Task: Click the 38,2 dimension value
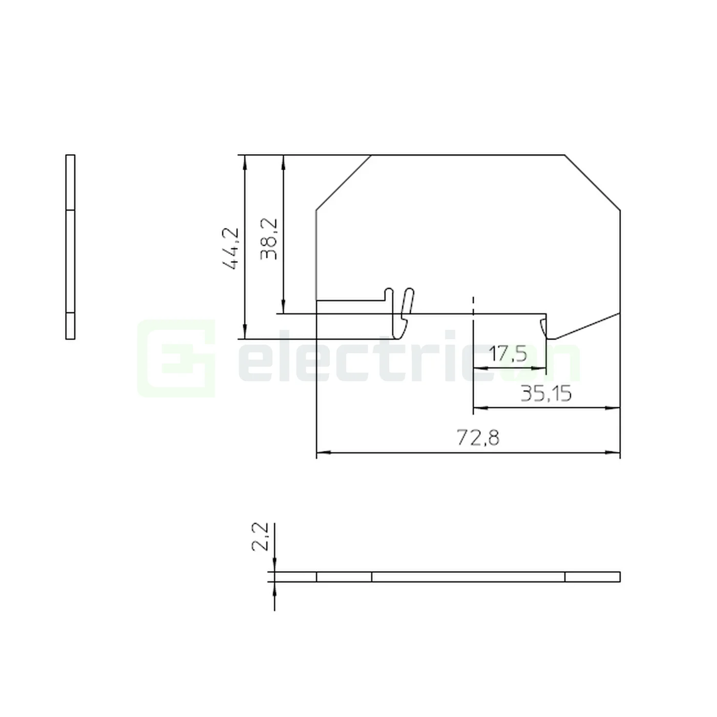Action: coord(269,239)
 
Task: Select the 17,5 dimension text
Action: coord(508,353)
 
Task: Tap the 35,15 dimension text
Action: coord(545,394)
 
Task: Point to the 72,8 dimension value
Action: coord(477,438)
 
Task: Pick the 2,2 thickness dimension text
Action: coord(260,536)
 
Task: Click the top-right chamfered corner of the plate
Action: coord(593,182)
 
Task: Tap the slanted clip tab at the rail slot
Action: coord(407,304)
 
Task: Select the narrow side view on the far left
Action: coord(71,246)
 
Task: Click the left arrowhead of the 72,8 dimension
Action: coord(323,453)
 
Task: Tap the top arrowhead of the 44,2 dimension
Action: coord(245,161)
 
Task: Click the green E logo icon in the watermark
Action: coord(176,358)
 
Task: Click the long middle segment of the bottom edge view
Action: coord(468,577)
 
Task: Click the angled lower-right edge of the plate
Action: coord(586,326)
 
